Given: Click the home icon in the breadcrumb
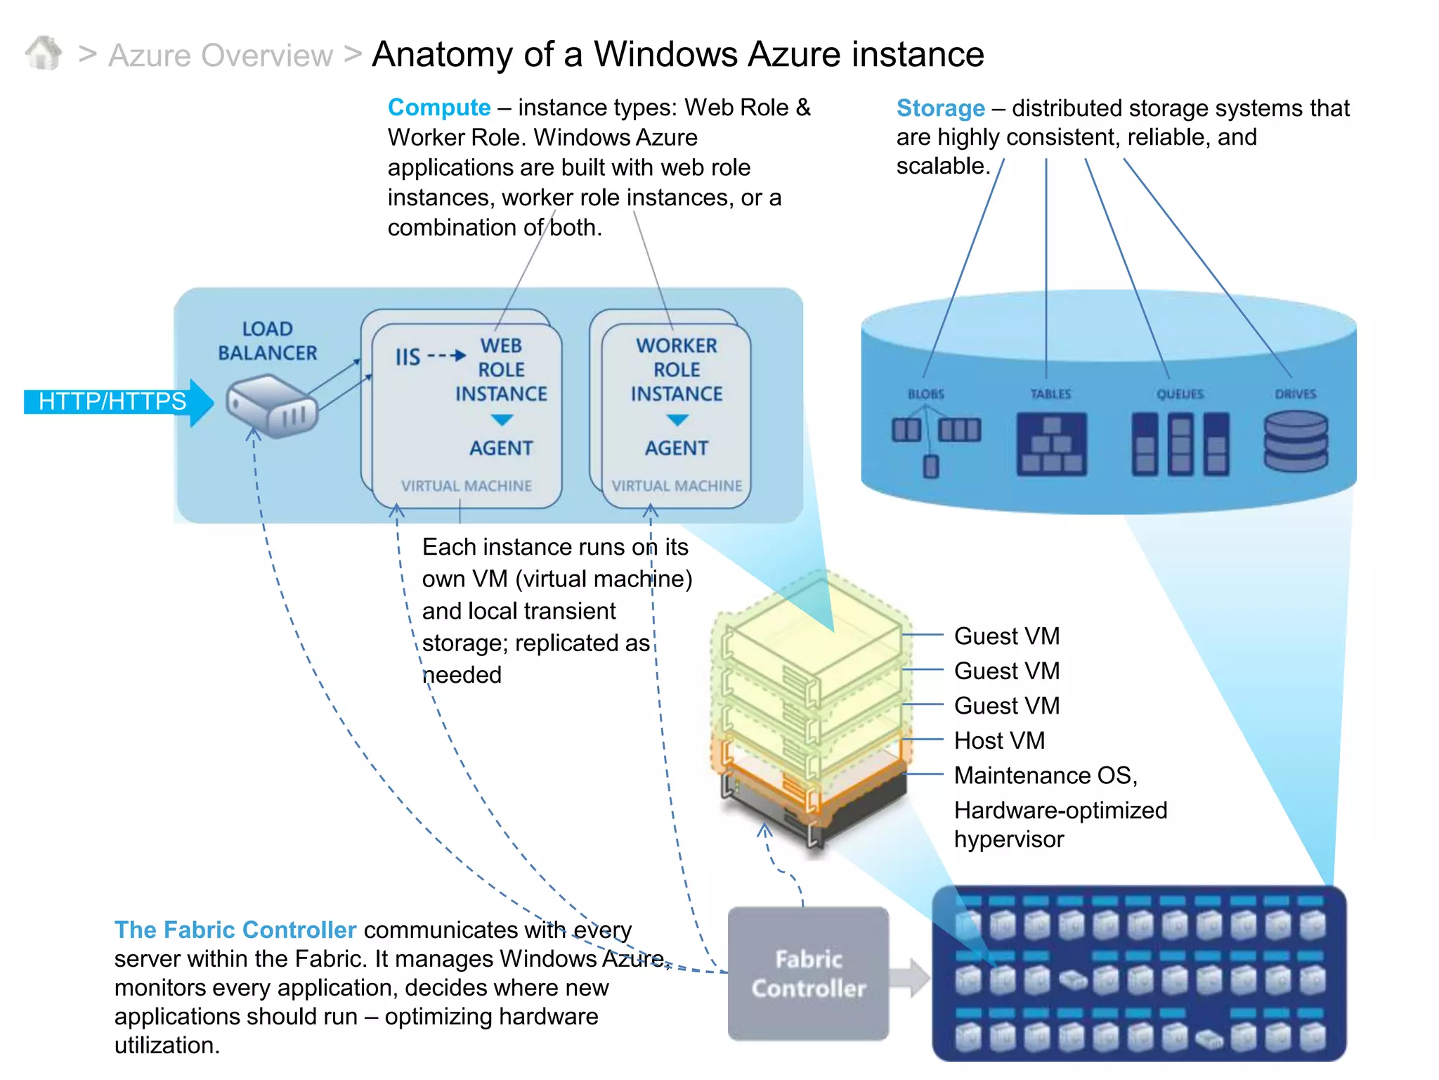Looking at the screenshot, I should click(x=44, y=53).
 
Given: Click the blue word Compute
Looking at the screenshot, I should click(x=438, y=108).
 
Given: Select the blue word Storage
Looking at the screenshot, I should click(x=940, y=108).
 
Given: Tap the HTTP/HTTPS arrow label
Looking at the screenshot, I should click(x=112, y=401).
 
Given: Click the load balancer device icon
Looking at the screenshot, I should click(x=272, y=406).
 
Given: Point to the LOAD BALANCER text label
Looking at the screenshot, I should click(x=267, y=341).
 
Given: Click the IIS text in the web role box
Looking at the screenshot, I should click(x=408, y=356).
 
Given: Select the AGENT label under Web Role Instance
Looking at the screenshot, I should click(x=501, y=448).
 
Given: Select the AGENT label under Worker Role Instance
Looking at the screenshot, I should click(x=676, y=448).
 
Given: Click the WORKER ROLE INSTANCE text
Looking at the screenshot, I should click(x=676, y=370).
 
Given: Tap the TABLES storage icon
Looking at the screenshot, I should click(x=1050, y=444).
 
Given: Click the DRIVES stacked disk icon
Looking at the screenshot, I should click(x=1295, y=442).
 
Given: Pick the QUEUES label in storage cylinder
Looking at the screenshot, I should click(x=1180, y=394).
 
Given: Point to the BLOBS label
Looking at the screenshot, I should click(x=925, y=394).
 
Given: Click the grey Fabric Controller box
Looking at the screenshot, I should click(x=808, y=973).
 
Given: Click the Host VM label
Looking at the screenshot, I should click(x=999, y=740).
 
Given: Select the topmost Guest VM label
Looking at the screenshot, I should click(x=1006, y=636).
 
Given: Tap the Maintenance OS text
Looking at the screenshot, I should click(x=1045, y=775).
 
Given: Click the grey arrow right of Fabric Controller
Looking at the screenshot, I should click(x=911, y=977).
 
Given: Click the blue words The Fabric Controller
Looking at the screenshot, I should click(x=235, y=930).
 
